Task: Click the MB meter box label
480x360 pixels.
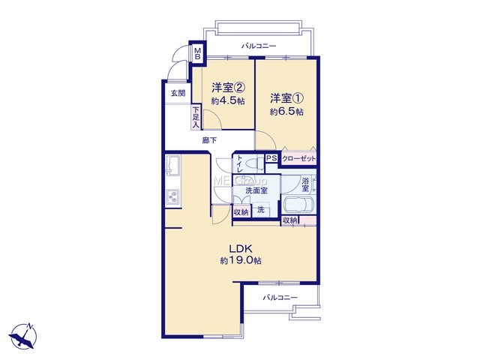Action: pos(198,53)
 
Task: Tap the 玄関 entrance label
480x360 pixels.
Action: pos(178,93)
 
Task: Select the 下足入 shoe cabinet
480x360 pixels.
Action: pos(196,117)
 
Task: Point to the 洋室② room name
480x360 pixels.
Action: pos(228,88)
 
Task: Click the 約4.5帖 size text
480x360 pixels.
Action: pos(228,100)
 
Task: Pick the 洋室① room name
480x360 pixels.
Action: pos(286,98)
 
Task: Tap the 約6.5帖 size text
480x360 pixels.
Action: pos(286,112)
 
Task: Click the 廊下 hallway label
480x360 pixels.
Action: pos(209,140)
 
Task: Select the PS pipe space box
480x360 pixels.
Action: pos(271,158)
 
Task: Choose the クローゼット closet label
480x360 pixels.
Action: pos(298,159)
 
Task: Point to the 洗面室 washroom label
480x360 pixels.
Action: pos(256,190)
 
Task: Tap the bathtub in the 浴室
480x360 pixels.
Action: pos(298,205)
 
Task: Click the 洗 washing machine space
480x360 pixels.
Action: pos(261,210)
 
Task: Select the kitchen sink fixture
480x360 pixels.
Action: pos(172,165)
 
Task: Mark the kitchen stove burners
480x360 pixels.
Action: pos(172,196)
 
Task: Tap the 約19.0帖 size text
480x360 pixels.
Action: pos(241,260)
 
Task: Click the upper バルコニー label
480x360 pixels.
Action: pos(259,46)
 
